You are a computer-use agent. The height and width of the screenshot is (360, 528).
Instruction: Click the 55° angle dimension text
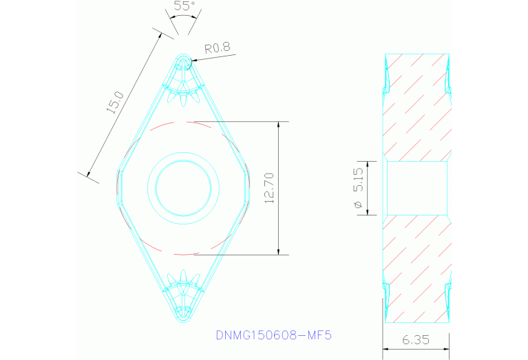point(184,6)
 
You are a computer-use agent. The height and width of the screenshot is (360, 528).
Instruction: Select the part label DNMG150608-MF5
point(274,336)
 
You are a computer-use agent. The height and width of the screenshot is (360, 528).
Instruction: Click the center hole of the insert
point(184,188)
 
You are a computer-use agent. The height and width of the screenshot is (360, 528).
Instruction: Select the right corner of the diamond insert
point(249,188)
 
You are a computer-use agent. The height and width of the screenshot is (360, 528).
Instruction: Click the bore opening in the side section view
point(417,188)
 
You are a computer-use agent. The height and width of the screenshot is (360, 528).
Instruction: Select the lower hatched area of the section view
point(417,268)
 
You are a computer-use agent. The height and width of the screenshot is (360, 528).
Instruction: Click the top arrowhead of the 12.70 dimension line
point(279,125)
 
